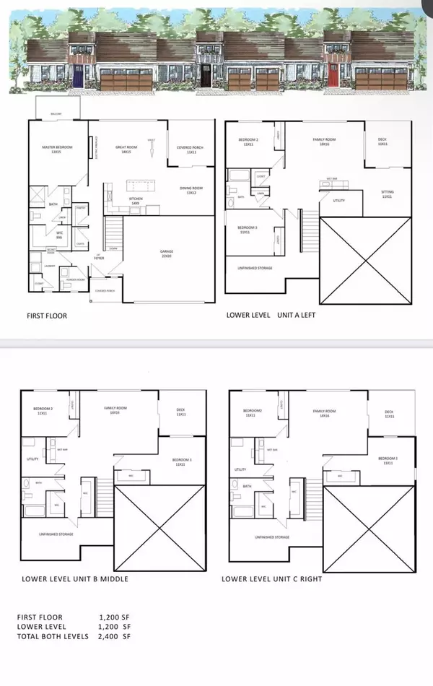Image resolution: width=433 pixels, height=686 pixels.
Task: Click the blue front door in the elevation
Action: coord(78,77)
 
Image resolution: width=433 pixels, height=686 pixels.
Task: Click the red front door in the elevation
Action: coord(333,77)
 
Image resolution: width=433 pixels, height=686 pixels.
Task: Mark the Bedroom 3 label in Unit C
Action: coord(390,461)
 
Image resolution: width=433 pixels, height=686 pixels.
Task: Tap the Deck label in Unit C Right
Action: coord(390,414)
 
